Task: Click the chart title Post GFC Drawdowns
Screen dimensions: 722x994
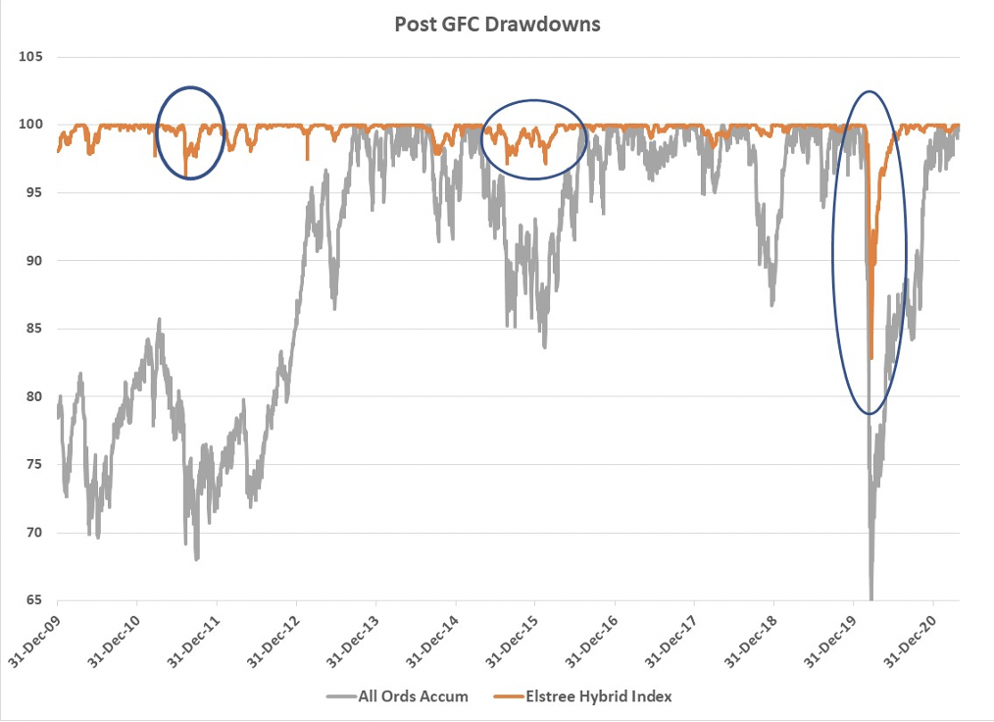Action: point(497,25)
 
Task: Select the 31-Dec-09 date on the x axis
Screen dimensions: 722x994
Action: point(39,638)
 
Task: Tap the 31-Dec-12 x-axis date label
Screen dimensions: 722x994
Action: point(277,638)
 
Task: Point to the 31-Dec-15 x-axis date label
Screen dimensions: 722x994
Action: point(517,638)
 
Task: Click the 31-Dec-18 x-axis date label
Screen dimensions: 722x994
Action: point(755,638)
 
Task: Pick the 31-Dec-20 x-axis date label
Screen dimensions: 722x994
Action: point(915,638)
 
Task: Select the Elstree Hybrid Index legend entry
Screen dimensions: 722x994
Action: point(598,696)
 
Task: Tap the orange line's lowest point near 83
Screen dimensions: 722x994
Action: point(870,359)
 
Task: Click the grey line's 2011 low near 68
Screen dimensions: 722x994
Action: point(197,559)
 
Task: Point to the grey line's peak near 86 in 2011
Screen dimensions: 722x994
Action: point(159,319)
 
